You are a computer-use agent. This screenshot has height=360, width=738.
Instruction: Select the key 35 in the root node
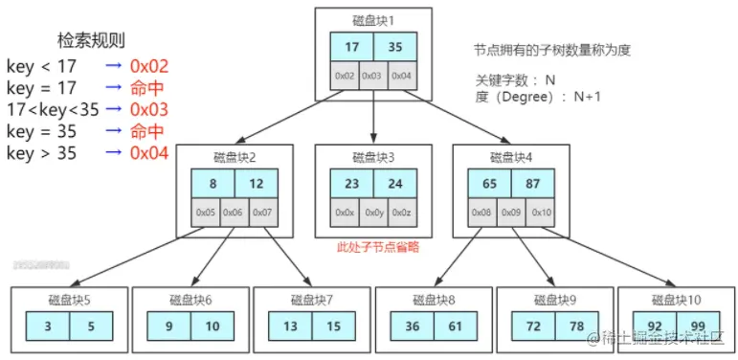coord(395,47)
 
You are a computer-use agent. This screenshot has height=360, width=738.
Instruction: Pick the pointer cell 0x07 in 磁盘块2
coord(262,212)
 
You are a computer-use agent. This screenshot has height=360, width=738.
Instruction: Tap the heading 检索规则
coord(92,40)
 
